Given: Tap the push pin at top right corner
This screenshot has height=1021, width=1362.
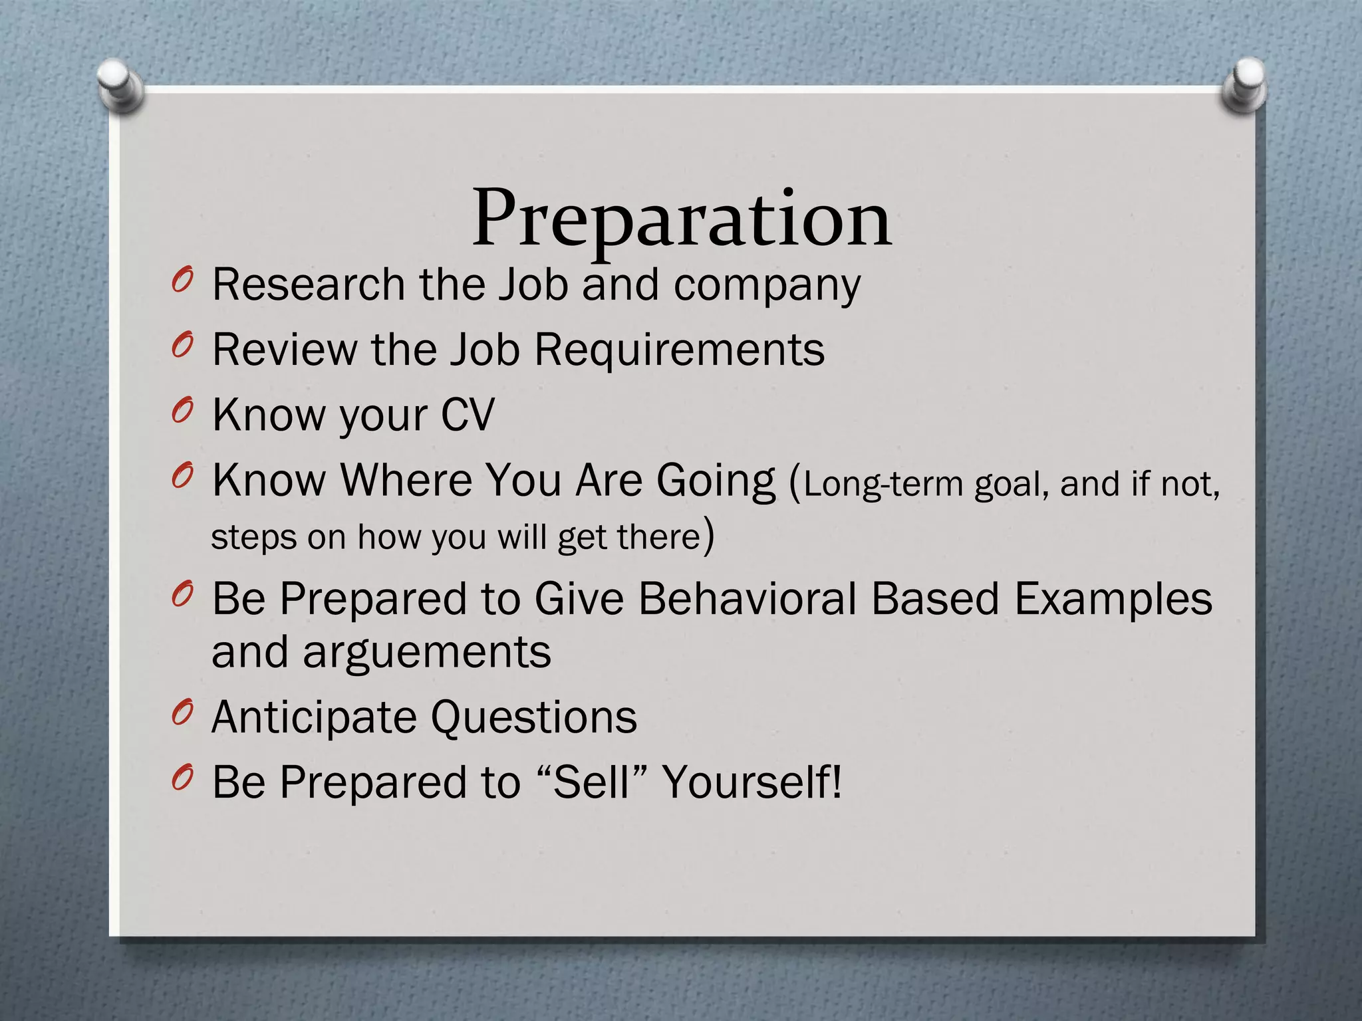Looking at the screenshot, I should [x=1244, y=84].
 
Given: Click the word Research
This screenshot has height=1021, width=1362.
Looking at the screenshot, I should [x=309, y=284].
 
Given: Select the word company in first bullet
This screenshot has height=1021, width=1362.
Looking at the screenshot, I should [x=767, y=286].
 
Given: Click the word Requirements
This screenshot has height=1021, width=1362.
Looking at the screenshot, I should [x=679, y=350].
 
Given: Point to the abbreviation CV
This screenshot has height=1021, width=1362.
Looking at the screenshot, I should [x=468, y=415].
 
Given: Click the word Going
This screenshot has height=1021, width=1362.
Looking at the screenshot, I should [x=716, y=480].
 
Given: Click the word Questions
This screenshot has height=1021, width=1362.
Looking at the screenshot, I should [x=533, y=717].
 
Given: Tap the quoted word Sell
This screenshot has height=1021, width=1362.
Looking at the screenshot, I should [x=591, y=782].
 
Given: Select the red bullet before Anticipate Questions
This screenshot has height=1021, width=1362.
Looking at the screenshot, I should [x=182, y=714].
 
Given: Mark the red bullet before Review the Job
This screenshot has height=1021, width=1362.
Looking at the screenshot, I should [x=182, y=346].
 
